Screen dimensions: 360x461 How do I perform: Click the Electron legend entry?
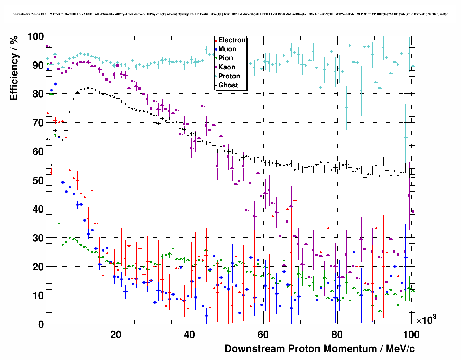tap(232, 40)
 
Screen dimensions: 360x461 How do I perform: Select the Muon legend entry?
tap(227, 49)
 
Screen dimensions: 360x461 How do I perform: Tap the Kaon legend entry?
tap(227, 67)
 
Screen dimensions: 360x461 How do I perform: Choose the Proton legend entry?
tap(229, 76)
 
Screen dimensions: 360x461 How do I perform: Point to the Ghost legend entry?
tap(228, 85)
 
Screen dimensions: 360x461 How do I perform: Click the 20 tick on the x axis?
tap(116, 334)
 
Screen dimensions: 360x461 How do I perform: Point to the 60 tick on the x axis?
tap(263, 334)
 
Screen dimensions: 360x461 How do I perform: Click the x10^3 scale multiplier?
tap(426, 320)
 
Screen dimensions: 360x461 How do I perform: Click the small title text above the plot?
tap(230, 14)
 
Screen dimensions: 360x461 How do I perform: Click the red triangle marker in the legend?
tap(216, 40)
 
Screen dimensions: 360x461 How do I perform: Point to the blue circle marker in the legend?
tap(216, 49)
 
